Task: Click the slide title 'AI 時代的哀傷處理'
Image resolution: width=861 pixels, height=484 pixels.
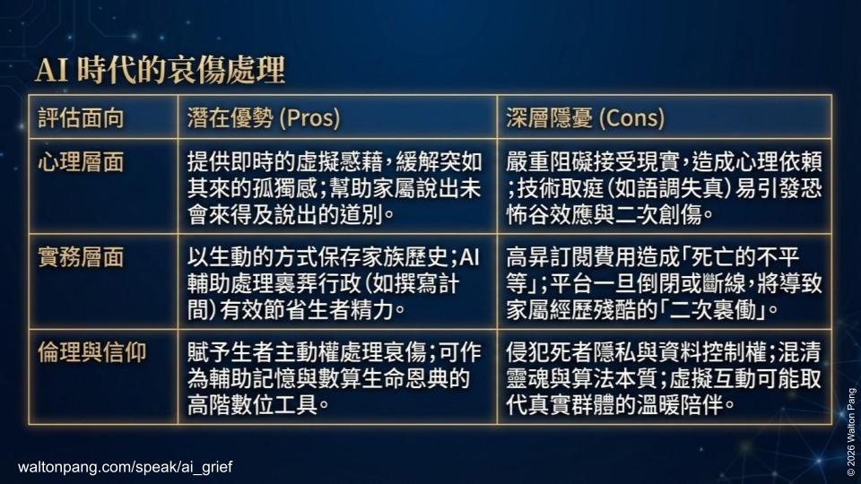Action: [160, 71]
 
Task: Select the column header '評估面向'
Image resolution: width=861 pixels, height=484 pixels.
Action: [81, 117]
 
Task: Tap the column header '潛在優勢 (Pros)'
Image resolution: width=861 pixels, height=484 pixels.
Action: [265, 117]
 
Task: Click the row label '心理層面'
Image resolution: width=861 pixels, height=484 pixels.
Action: [81, 163]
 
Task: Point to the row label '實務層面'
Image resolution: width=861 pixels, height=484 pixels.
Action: [81, 258]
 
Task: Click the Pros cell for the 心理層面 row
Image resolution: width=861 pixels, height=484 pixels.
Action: [335, 187]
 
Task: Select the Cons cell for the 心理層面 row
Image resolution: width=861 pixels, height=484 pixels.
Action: [664, 187]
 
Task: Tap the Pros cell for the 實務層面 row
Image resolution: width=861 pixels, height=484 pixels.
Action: [335, 281]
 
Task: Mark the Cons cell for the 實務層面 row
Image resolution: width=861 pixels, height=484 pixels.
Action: [664, 281]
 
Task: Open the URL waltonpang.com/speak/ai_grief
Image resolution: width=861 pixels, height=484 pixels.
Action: [126, 467]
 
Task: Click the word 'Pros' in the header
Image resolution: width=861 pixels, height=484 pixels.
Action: [309, 117]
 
